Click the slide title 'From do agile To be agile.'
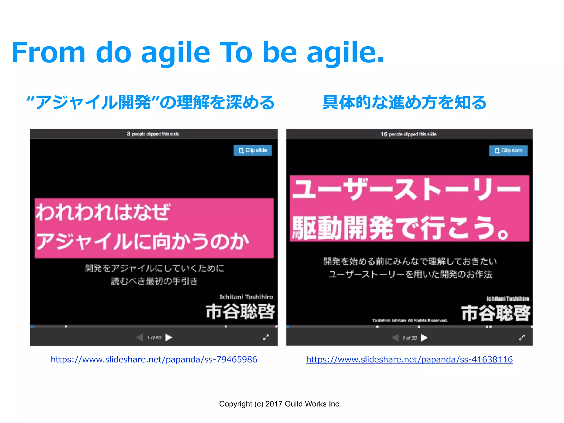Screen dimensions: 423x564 [x=198, y=52]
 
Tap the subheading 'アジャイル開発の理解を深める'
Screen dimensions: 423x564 [x=150, y=102]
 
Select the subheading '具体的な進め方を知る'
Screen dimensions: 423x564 [x=404, y=102]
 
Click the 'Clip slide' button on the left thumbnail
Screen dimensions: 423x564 [x=253, y=150]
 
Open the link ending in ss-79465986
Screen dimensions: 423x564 [x=154, y=359]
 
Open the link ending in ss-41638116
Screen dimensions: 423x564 [x=409, y=359]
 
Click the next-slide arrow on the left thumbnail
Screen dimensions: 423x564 [x=169, y=337]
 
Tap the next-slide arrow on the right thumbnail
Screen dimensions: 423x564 [x=424, y=338]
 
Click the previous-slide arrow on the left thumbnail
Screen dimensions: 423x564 [x=140, y=337]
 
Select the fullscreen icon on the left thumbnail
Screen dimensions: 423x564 [x=266, y=337]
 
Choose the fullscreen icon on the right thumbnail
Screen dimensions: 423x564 [x=522, y=338]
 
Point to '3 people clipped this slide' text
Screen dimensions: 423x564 [x=153, y=134]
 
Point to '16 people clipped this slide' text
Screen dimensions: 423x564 [x=409, y=134]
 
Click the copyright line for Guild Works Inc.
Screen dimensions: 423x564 [x=280, y=404]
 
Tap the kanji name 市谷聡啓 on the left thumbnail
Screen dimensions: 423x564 [x=240, y=312]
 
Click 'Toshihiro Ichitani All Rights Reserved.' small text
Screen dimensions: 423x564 [x=410, y=320]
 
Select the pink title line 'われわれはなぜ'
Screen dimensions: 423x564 [x=103, y=212]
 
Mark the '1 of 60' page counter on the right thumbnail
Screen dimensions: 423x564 [x=410, y=338]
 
